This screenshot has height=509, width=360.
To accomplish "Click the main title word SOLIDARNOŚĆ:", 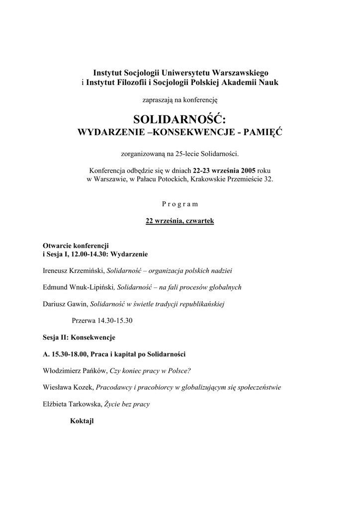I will click(x=180, y=119).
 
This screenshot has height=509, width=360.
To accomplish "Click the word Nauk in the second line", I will click(x=268, y=82).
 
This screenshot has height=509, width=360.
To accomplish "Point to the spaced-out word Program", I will click(x=180, y=204).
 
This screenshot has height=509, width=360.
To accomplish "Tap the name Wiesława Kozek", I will click(x=68, y=387).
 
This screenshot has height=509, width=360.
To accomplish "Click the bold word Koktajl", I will click(x=82, y=421).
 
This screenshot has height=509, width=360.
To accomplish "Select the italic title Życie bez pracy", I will click(x=127, y=404).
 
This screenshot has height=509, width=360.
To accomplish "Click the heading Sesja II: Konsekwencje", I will click(x=79, y=337).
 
